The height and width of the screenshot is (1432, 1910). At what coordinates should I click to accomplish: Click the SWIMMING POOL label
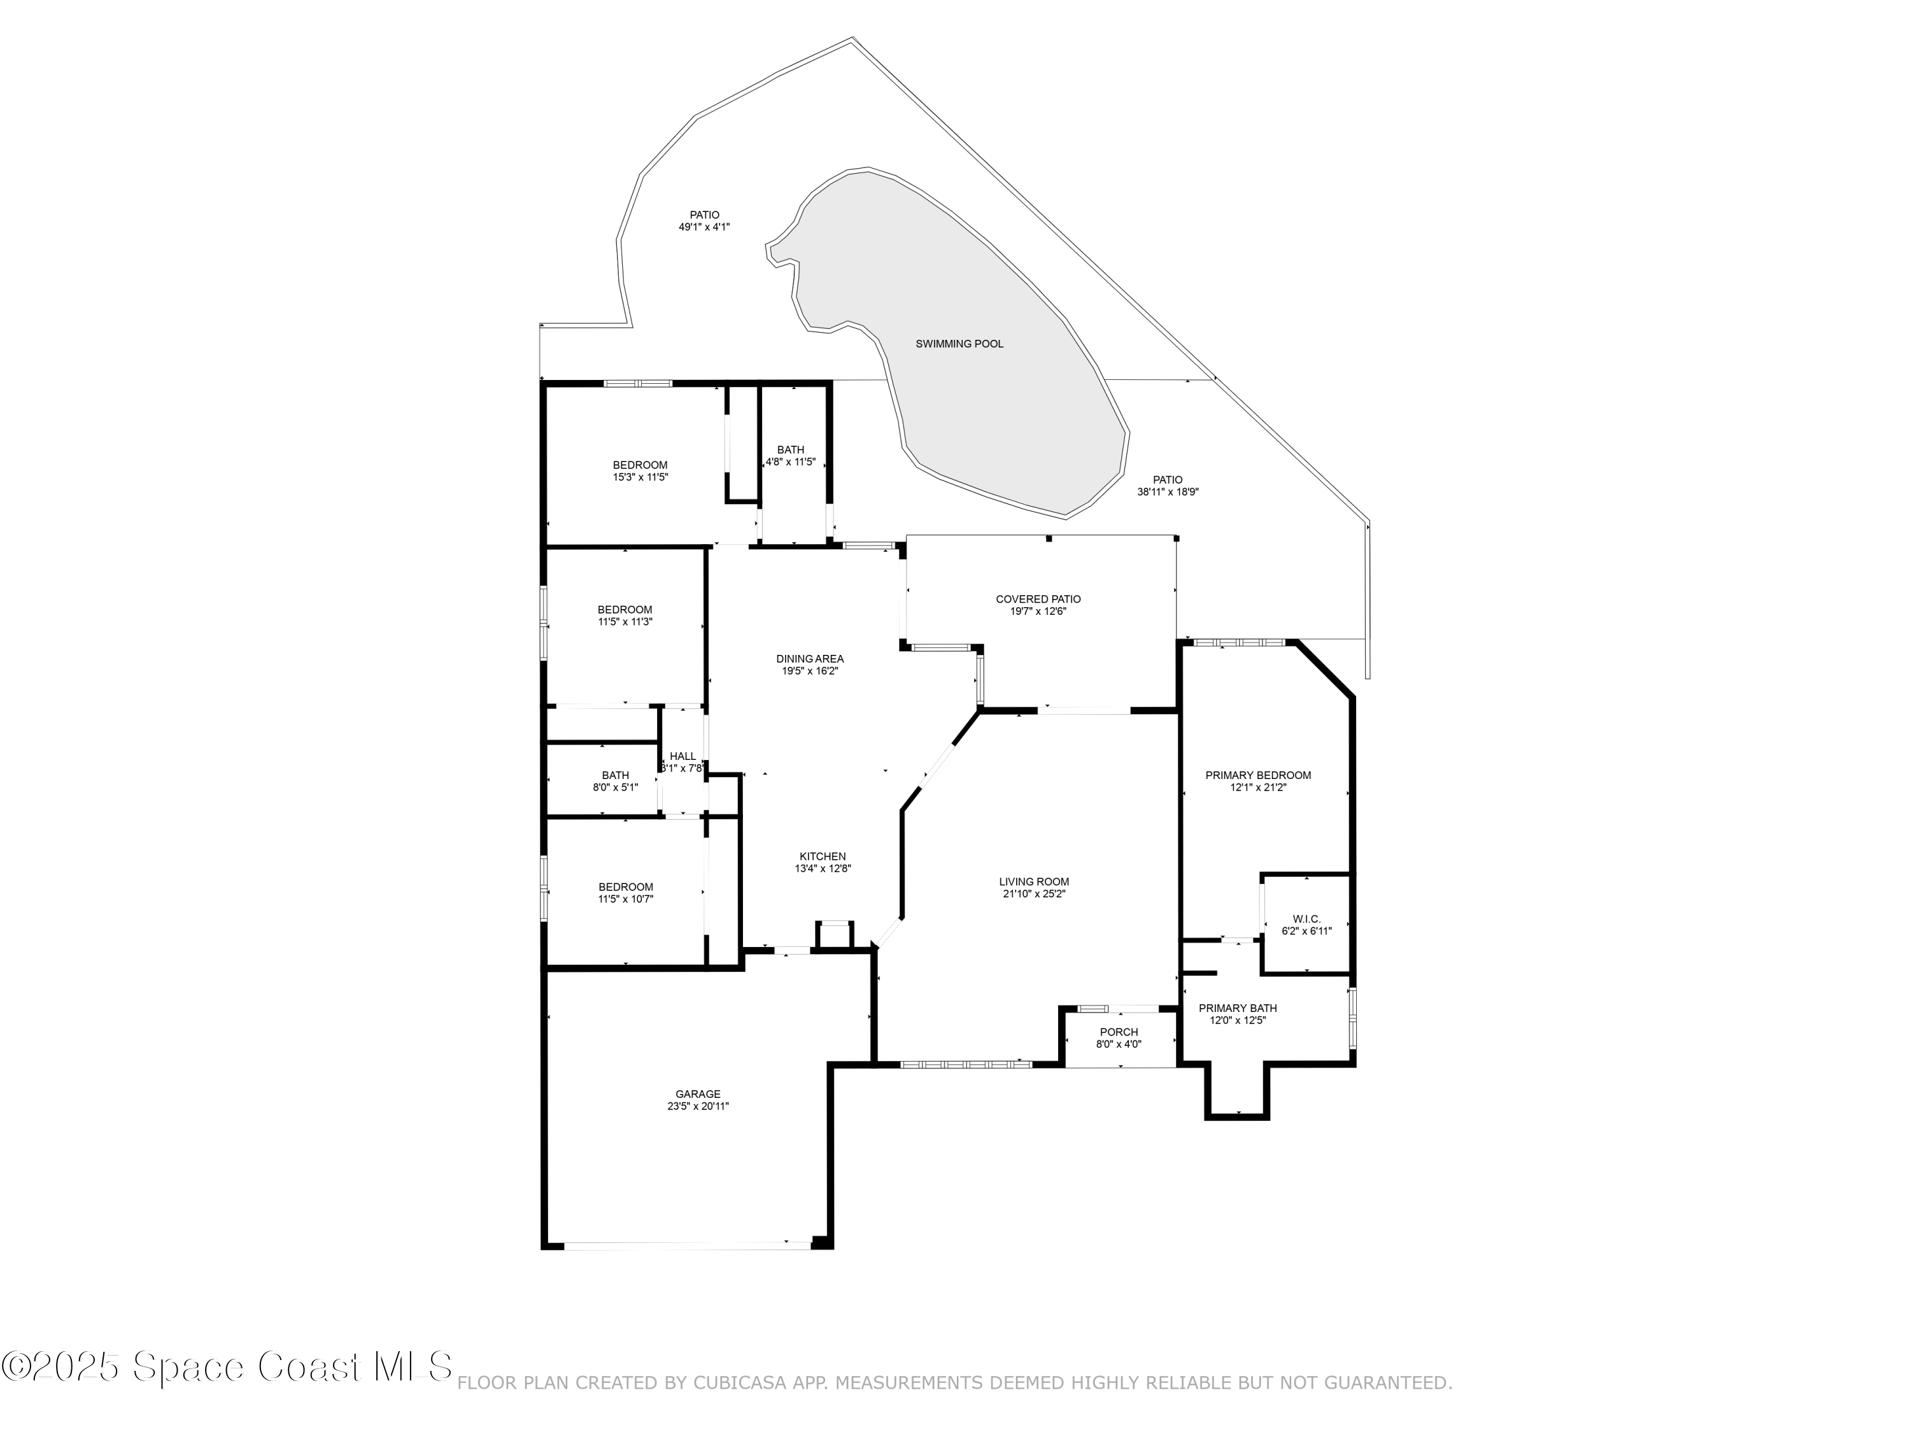tap(959, 344)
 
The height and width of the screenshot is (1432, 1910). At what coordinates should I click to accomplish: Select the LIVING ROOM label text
tap(1033, 882)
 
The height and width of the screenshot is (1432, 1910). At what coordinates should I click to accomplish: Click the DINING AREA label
tap(810, 659)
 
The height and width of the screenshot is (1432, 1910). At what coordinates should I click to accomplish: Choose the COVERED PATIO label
tap(1038, 599)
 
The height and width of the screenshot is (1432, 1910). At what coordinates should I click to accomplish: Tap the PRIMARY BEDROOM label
tap(1258, 775)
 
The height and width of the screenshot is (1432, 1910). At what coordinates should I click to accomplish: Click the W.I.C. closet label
tap(1306, 919)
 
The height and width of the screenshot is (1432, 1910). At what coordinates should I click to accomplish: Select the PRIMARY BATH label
tap(1237, 1008)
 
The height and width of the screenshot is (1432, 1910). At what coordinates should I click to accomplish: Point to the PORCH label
tap(1119, 1032)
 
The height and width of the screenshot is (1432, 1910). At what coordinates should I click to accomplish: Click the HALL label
tap(682, 756)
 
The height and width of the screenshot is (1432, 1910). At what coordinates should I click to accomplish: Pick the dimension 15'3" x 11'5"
tap(640, 477)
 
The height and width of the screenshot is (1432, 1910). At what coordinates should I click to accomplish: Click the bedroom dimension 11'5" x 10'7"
tap(626, 899)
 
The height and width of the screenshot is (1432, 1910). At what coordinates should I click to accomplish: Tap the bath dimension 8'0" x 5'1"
tap(616, 787)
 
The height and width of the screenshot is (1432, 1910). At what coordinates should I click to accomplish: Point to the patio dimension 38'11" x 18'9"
tap(1168, 492)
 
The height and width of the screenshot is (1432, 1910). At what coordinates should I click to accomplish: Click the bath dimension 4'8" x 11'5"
tap(791, 462)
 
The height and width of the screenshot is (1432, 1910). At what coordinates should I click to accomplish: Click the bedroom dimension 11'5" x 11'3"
tap(625, 621)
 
